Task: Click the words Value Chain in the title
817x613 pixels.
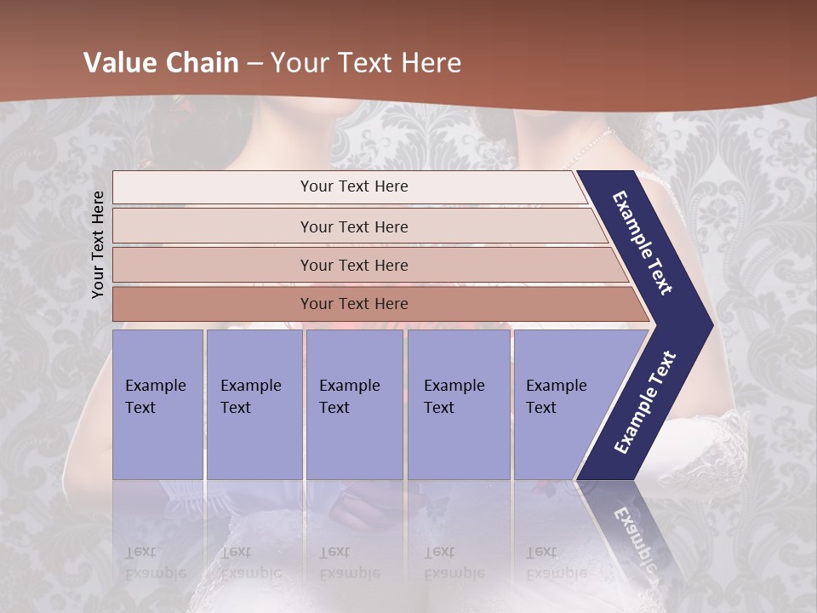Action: click(x=161, y=63)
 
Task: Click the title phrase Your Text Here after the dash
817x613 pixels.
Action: click(x=366, y=63)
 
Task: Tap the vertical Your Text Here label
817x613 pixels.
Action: click(x=98, y=244)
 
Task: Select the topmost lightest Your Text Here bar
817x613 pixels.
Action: click(x=353, y=186)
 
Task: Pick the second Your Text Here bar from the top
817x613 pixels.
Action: click(x=353, y=226)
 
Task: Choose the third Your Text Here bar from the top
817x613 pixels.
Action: click(x=353, y=265)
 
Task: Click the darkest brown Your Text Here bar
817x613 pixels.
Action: click(x=353, y=304)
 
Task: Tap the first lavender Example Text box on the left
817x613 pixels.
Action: click(x=157, y=404)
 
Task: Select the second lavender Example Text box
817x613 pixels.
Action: click(x=254, y=404)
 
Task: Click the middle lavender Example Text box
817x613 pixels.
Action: click(x=354, y=404)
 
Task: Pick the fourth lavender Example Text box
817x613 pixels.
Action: click(x=459, y=404)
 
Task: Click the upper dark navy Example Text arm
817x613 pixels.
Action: click(x=643, y=243)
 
